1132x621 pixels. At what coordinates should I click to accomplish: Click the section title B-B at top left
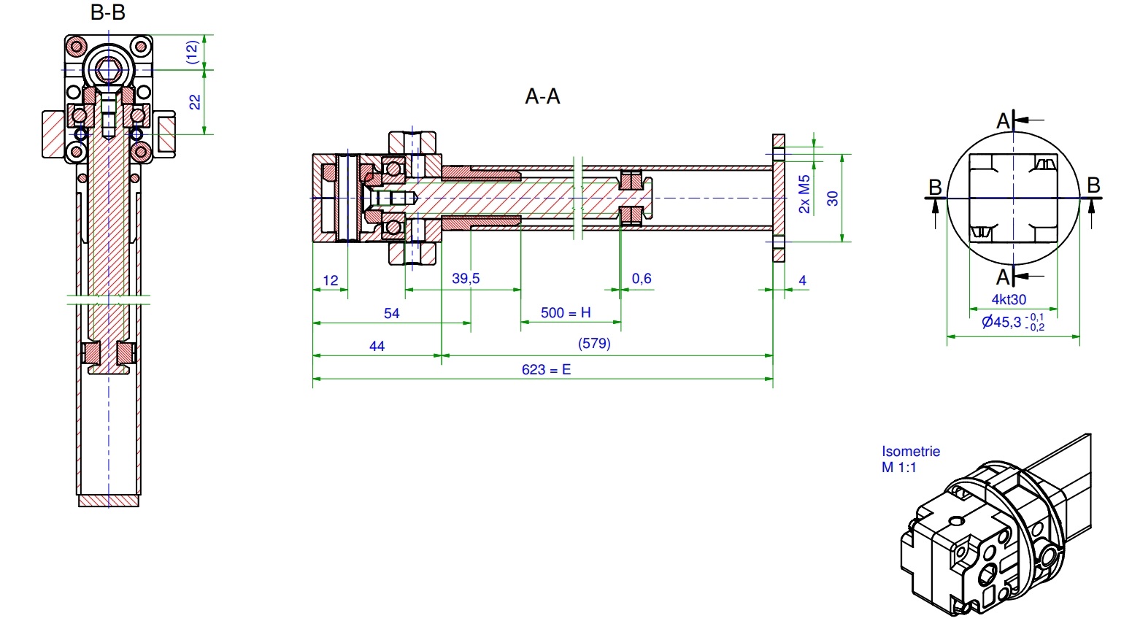click(108, 12)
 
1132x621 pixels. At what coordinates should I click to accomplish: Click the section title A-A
click(542, 96)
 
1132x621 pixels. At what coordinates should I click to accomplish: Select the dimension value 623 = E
click(546, 370)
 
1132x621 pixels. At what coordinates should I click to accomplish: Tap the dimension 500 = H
click(566, 313)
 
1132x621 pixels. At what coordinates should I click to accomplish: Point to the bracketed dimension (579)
click(593, 343)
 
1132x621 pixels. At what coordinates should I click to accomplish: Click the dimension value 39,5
click(466, 279)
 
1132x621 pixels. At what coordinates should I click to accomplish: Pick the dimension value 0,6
click(642, 279)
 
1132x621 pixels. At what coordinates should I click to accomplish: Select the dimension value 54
click(392, 314)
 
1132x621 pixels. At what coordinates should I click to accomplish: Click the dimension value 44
click(377, 346)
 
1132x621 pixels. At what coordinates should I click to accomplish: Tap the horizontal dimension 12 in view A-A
click(330, 280)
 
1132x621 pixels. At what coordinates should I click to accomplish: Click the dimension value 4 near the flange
click(803, 280)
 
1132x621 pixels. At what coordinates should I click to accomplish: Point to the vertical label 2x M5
click(804, 194)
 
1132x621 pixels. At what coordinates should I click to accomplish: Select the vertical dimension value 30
click(833, 198)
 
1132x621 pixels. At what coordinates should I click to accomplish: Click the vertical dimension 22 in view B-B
click(195, 102)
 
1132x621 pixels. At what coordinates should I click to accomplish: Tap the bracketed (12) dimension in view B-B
click(191, 52)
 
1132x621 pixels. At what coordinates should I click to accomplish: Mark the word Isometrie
click(910, 452)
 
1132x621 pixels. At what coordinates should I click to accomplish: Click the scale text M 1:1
click(898, 468)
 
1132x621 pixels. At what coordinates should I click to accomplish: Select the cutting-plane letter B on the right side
click(1093, 185)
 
